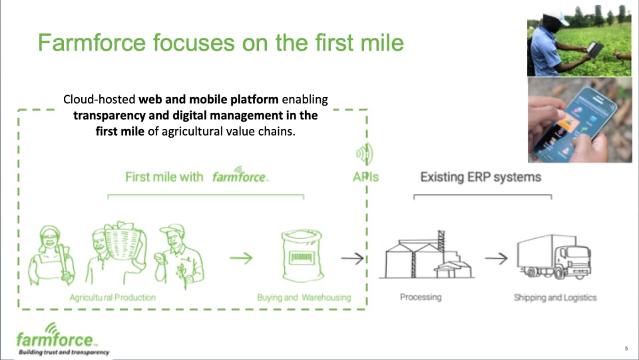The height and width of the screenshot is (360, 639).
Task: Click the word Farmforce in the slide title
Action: [x=92, y=43]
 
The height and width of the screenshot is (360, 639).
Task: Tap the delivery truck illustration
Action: [x=554, y=257]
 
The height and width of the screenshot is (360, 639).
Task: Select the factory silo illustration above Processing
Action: [x=427, y=255]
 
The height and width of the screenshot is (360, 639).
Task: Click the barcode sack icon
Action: [x=302, y=256]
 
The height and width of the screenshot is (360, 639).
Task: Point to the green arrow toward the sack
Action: [x=241, y=258]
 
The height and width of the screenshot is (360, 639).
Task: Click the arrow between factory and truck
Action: [x=497, y=258]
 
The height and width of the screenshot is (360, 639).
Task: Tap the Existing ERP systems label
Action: [x=481, y=177]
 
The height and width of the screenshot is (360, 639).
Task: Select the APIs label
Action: [x=365, y=177]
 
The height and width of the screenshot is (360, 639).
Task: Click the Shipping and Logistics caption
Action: [x=555, y=297]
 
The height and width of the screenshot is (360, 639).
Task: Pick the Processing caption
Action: [x=421, y=297]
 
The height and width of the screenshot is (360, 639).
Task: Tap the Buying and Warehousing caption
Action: [x=304, y=297]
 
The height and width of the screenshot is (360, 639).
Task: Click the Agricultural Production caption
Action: [x=112, y=297]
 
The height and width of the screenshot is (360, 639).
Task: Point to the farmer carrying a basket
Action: [x=116, y=252]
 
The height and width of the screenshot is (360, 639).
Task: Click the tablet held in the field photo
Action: [x=594, y=49]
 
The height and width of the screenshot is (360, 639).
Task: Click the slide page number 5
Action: [x=626, y=349]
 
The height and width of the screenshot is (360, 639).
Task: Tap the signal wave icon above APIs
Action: [x=364, y=154]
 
